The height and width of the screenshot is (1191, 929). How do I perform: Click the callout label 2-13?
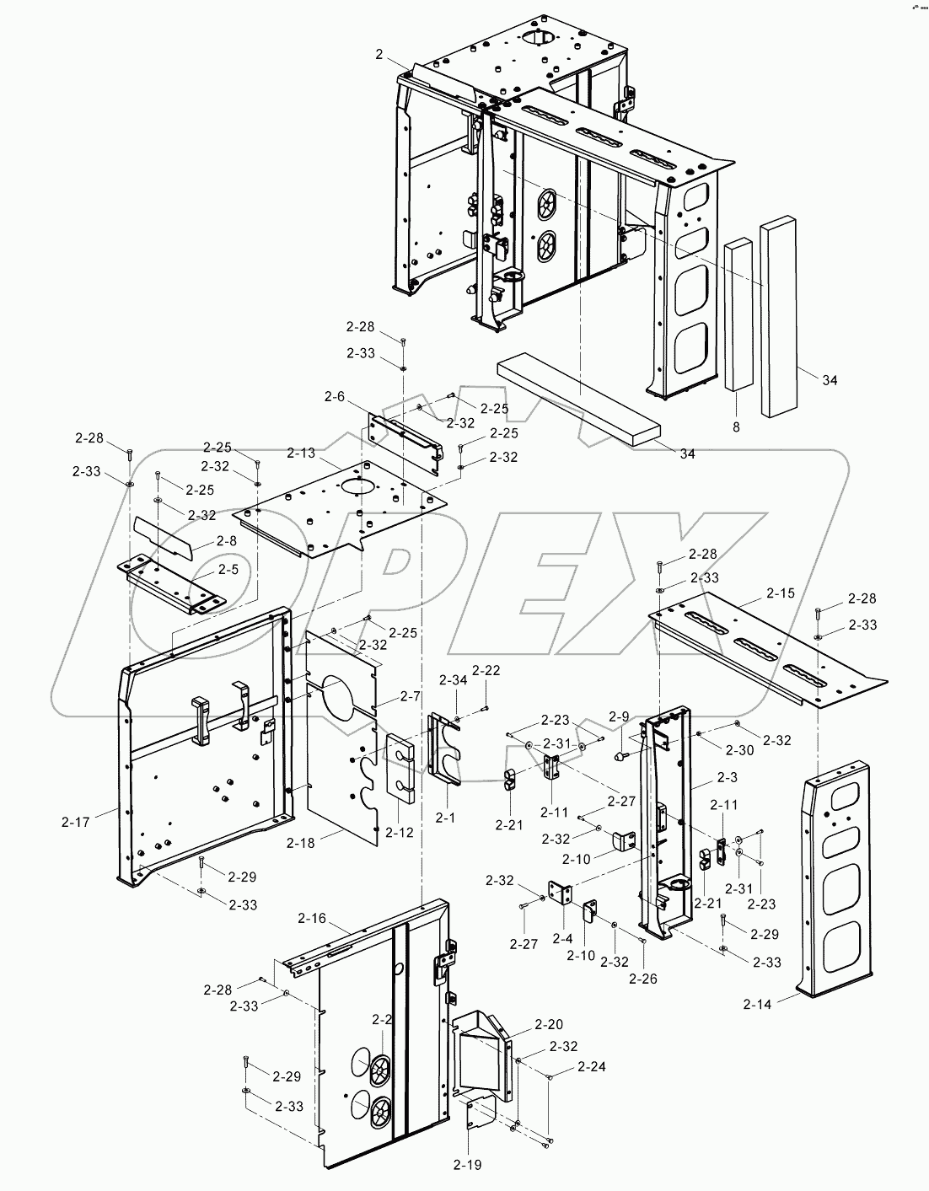(x=301, y=453)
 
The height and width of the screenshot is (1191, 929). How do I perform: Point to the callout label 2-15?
(x=781, y=593)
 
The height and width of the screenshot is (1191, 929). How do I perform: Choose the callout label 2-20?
(x=548, y=1025)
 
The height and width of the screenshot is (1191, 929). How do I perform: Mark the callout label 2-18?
(x=301, y=842)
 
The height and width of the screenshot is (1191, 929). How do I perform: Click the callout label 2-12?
(x=400, y=833)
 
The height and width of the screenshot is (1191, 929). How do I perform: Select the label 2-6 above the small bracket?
(x=335, y=396)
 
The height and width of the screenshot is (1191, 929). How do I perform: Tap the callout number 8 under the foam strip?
(x=735, y=427)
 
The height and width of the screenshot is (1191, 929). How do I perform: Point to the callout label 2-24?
(x=592, y=1066)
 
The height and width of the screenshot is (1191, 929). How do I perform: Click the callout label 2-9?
(x=619, y=716)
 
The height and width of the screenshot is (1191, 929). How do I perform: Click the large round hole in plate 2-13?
(x=357, y=486)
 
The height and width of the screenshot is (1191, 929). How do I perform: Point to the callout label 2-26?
(x=643, y=979)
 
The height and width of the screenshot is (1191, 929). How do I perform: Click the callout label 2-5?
(x=228, y=570)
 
